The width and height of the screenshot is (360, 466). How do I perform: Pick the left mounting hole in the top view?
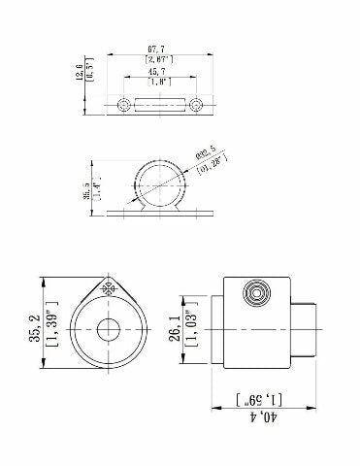pyautogui.click(x=123, y=104)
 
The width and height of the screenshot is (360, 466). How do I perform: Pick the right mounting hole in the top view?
pyautogui.click(x=197, y=104)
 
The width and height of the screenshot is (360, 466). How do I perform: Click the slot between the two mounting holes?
pyautogui.click(x=160, y=104)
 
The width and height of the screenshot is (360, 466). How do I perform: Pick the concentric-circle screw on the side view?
pyautogui.click(x=258, y=291)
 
